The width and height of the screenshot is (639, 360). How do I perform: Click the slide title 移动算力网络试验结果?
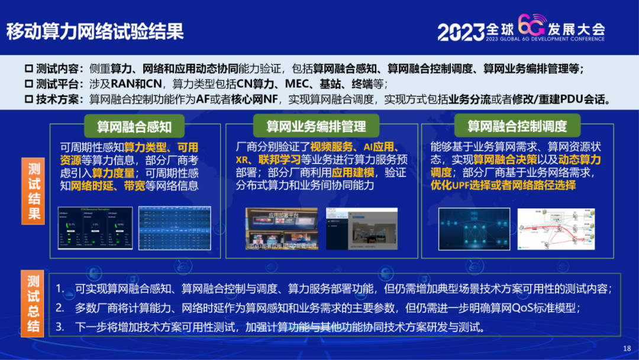pyautogui.click(x=95, y=31)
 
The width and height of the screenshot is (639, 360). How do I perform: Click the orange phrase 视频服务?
pyautogui.click(x=333, y=147)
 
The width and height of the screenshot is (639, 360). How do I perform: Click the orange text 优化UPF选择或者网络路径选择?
pyautogui.click(x=503, y=185)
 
